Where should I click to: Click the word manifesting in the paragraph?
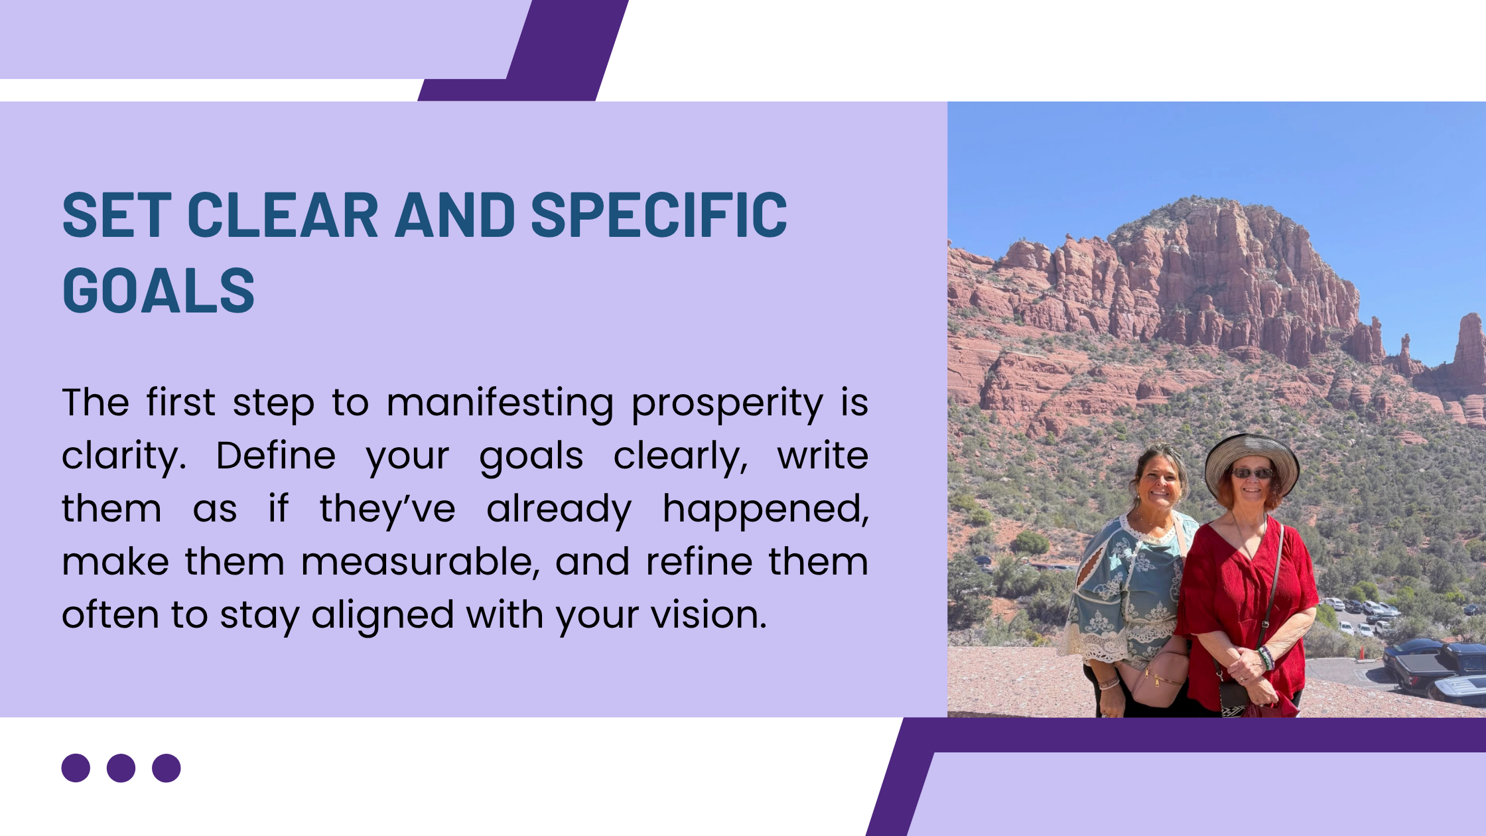point(500,403)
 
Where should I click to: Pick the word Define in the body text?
point(276,456)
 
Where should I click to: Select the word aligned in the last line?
point(383,616)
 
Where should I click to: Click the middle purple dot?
point(121,768)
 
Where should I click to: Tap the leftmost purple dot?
point(76,768)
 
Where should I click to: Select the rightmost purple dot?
point(166,768)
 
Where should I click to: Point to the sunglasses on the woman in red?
point(1252,473)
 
